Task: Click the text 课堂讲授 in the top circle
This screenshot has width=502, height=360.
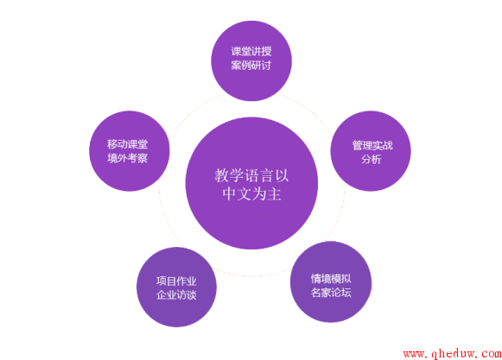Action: [251, 51]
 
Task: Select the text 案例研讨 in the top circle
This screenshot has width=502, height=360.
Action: [251, 66]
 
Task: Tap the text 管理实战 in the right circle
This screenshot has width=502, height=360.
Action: [372, 145]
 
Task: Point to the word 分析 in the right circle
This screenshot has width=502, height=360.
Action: [372, 159]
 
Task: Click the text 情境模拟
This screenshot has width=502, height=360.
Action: [331, 279]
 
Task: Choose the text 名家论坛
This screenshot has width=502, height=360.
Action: [331, 293]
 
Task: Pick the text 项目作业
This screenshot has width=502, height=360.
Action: [176, 281]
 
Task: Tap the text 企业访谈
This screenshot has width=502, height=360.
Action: [176, 294]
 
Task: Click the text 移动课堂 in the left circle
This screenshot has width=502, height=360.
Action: [127, 144]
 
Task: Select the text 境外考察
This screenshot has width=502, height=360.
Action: [127, 158]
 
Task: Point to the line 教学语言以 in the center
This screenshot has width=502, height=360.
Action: [251, 175]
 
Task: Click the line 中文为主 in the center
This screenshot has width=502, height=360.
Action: [252, 194]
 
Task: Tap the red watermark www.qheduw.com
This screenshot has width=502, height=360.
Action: [453, 353]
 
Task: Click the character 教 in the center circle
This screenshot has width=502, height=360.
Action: [221, 175]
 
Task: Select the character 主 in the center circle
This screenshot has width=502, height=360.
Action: [275, 194]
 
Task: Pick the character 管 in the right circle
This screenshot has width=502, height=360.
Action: [358, 145]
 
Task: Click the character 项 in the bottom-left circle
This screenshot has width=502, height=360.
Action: [162, 281]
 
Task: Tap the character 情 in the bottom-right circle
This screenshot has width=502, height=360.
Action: [316, 279]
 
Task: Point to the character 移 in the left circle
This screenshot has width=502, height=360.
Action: [112, 144]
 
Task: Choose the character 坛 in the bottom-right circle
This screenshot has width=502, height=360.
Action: [346, 293]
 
